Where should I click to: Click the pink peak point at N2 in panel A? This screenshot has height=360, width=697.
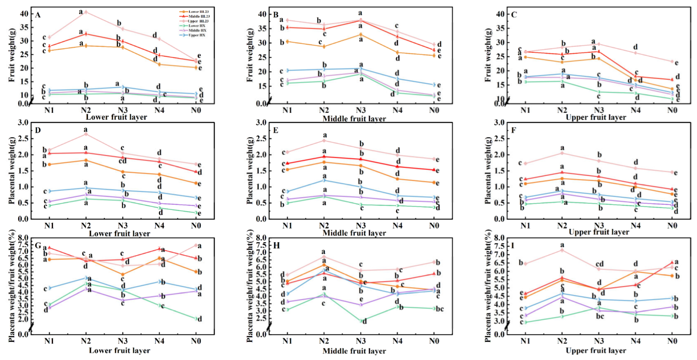click(86, 12)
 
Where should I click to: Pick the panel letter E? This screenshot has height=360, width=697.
click(276, 130)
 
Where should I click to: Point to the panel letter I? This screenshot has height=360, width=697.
click(513, 246)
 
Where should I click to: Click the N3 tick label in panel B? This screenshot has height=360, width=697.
click(361, 110)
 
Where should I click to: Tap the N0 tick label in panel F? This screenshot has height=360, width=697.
click(672, 226)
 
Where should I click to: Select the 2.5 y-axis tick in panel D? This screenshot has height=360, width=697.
click(23, 139)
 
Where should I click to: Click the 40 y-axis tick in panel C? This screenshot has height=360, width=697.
click(500, 14)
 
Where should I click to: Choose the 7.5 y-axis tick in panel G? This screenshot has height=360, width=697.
click(23, 245)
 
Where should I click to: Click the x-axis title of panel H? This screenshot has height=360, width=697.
click(354, 351)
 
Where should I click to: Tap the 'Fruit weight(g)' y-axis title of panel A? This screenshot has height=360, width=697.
click(12, 55)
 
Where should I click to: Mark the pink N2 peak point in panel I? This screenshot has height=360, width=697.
click(562, 250)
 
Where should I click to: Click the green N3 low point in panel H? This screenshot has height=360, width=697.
click(361, 321)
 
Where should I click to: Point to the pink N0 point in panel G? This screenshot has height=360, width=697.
click(196, 245)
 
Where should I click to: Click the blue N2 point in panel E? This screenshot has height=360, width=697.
click(324, 180)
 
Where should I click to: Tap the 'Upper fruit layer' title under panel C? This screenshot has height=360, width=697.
click(596, 117)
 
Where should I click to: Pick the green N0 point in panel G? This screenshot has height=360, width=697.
click(196, 319)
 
